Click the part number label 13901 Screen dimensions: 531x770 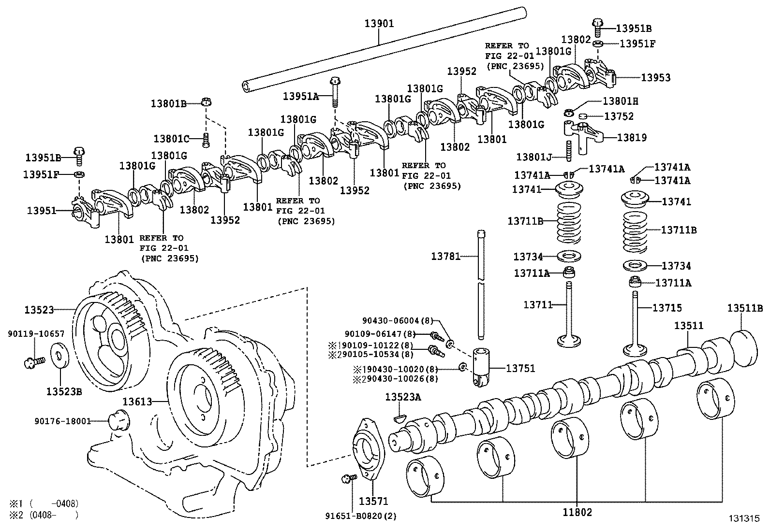(379, 23)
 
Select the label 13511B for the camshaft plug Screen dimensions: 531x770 (745, 308)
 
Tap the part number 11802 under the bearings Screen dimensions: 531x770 (577, 512)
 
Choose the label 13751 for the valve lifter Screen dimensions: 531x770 (520, 368)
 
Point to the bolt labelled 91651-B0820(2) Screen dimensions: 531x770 (347, 478)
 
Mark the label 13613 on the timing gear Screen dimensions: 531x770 (137, 401)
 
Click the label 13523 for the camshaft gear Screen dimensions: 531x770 (40, 309)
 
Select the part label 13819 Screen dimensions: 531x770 (632, 137)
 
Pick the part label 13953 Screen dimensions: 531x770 (656, 77)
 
